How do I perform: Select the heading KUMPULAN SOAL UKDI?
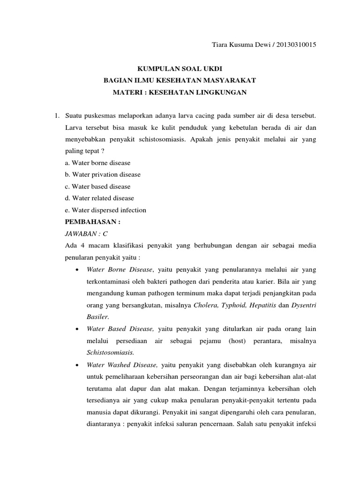pos(180,68)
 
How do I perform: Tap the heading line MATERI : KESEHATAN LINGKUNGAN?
pos(180,93)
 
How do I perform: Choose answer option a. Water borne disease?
pos(97,163)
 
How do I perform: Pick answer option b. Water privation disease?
pos(103,174)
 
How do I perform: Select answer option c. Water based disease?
pos(97,187)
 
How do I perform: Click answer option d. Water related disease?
pos(99,198)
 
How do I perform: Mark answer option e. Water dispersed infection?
pos(105,210)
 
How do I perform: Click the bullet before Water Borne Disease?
pos(77,270)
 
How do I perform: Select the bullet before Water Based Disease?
pos(77,329)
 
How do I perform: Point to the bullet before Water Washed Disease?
pos(77,365)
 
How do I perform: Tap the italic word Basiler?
pos(97,317)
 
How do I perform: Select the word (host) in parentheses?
pos(238,341)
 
